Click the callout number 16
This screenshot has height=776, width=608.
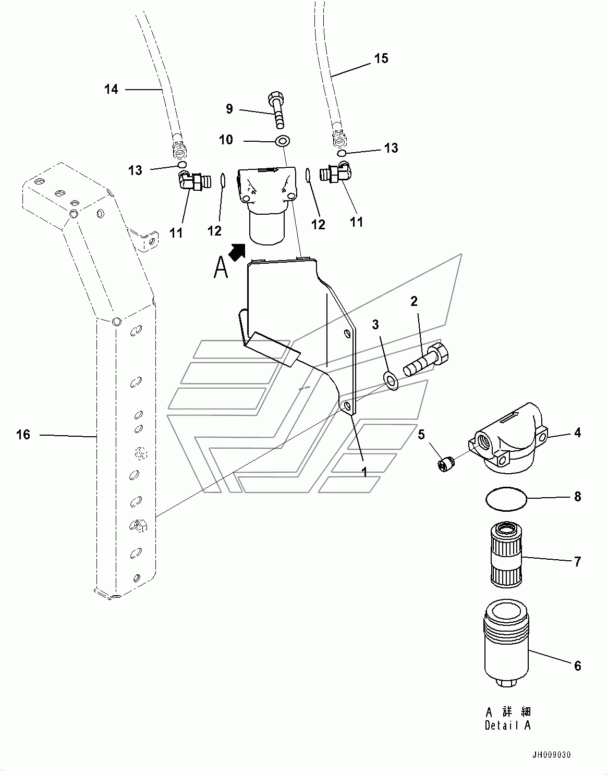coord(23,435)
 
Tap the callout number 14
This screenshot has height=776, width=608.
coord(111,89)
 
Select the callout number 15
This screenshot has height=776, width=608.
coord(381,58)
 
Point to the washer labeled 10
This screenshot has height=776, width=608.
coord(283,141)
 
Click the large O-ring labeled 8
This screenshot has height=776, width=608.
coord(506,499)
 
